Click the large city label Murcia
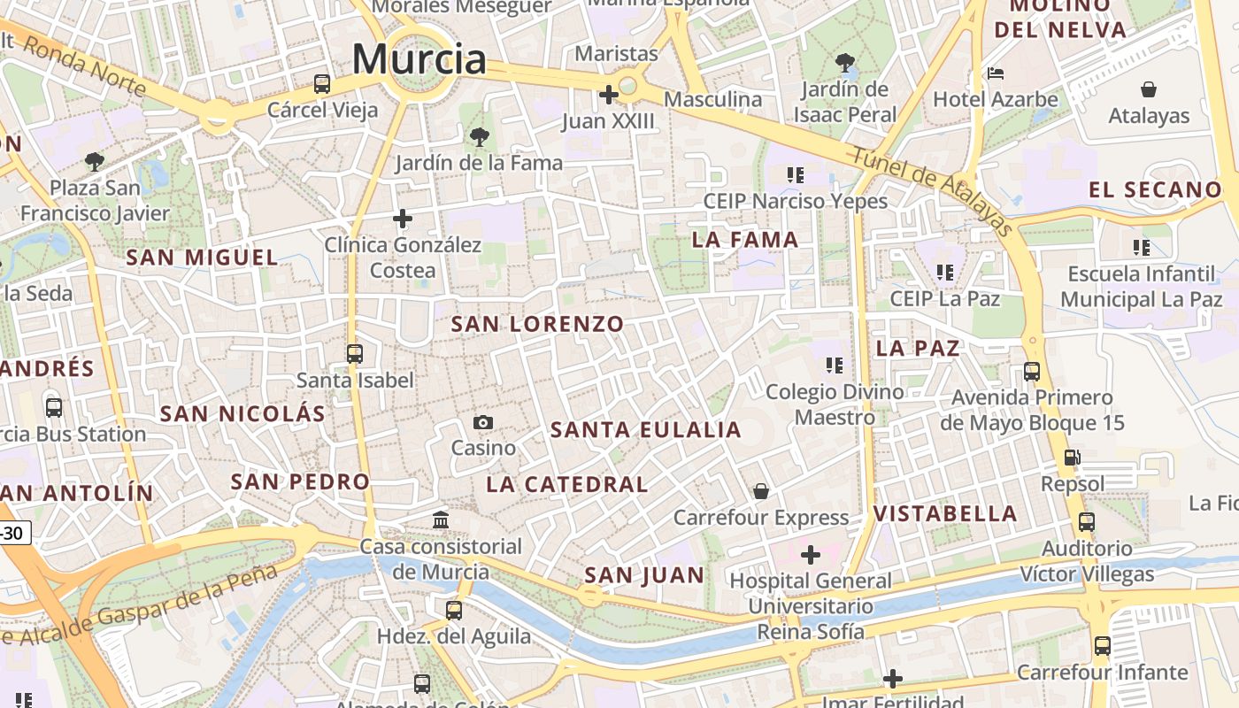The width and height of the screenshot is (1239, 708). [419, 59]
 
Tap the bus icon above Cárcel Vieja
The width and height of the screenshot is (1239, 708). [322, 84]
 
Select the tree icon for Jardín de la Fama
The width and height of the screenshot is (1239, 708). [479, 137]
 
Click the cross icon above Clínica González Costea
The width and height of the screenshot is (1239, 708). [403, 218]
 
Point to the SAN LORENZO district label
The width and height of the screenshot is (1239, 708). [537, 324]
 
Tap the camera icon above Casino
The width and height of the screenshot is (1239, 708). [483, 422]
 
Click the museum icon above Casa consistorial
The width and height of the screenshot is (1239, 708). [441, 519]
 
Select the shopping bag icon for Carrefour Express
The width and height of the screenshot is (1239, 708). [761, 491]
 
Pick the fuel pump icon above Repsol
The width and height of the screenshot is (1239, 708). [1072, 458]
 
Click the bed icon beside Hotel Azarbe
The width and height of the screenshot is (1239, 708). [996, 73]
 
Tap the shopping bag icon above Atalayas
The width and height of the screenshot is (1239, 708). [1149, 89]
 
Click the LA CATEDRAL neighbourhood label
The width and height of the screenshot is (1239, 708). [567, 484]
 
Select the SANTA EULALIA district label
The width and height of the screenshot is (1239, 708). [646, 430]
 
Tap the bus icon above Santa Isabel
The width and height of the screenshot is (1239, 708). [355, 354]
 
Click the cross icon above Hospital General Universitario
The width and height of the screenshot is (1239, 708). [810, 555]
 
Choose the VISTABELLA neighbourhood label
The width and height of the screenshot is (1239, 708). [945, 513]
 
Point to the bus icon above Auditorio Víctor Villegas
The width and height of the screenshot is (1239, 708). [1087, 522]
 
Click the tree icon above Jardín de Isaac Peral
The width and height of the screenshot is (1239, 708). [845, 63]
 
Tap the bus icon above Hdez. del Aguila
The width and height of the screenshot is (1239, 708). [454, 610]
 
